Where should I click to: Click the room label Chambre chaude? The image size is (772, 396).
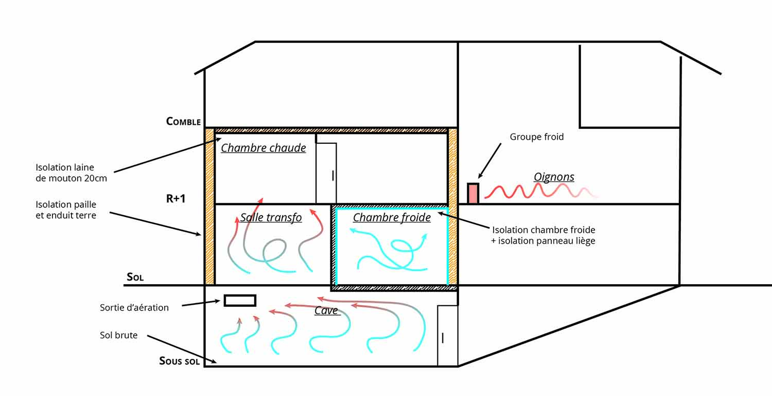(264, 148)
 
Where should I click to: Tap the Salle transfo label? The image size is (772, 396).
(271, 218)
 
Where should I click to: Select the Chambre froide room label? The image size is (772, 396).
(392, 218)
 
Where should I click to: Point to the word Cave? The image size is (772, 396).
(326, 310)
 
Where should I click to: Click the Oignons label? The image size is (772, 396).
(554, 177)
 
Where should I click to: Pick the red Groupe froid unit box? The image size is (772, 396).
(473, 193)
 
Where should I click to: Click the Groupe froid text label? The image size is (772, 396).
(537, 137)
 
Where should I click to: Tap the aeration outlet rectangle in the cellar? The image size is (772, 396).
(240, 301)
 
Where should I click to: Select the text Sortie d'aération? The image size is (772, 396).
(134, 308)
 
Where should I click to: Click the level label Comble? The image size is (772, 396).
(183, 122)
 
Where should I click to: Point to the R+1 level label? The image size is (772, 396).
(176, 199)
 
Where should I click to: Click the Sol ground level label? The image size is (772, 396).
(135, 277)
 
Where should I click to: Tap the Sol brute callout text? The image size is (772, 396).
(119, 336)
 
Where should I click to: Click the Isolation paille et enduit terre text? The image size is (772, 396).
(66, 210)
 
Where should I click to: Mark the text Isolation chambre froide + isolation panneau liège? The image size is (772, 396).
(543, 235)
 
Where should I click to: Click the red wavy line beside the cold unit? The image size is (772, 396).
(540, 191)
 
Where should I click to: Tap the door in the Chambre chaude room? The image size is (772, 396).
(326, 173)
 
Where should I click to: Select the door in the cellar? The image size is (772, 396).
(447, 336)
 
